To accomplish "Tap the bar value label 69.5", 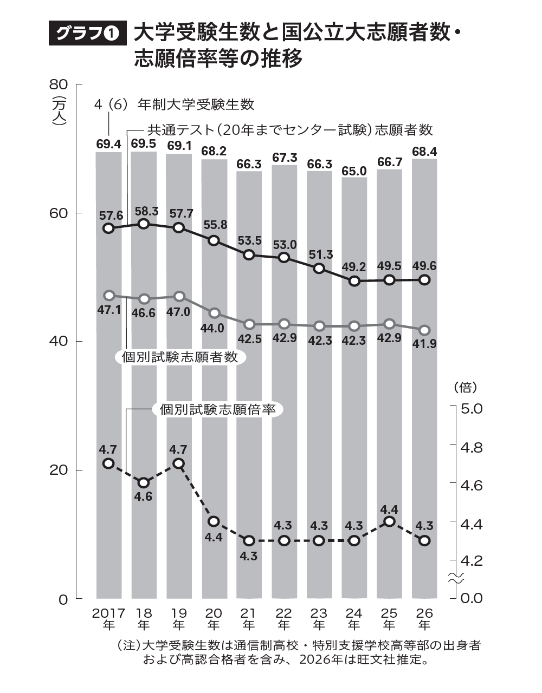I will point(144,143).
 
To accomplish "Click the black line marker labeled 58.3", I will point(144,224).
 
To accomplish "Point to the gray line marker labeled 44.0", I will point(214,313).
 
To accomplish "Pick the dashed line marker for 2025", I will point(389,521).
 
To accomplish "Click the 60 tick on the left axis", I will point(59,213).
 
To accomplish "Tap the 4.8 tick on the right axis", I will point(471,447).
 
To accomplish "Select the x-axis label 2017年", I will point(108,619).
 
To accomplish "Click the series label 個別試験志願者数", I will point(179,357).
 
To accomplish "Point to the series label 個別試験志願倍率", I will point(218,410).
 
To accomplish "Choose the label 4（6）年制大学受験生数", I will point(174,104).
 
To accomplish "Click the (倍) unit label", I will point(464,387).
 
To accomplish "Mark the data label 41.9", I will point(425,343).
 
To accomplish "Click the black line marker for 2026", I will point(425,279).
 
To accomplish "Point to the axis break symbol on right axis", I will point(455,578).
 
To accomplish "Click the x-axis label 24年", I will point(354,619).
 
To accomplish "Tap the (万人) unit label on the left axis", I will point(59,112).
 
